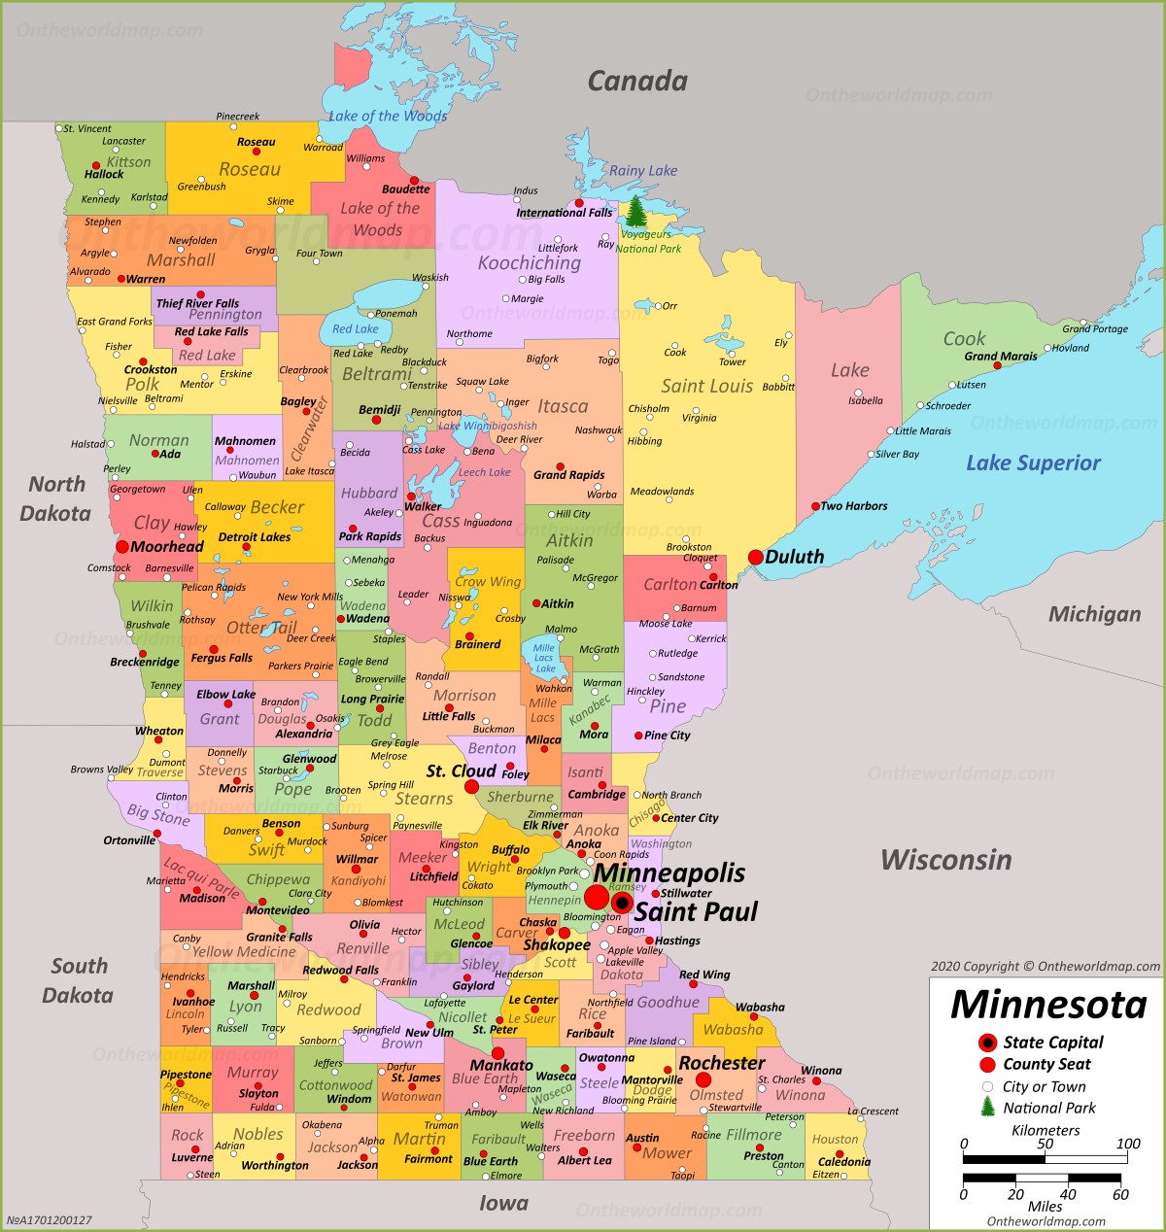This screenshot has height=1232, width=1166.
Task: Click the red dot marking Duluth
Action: (x=755, y=557)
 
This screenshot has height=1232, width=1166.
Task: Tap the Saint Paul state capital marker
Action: (x=622, y=903)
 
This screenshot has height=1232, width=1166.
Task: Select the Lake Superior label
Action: (x=1033, y=463)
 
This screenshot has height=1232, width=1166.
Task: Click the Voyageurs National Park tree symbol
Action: (x=635, y=212)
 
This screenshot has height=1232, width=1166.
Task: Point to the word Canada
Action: (x=637, y=82)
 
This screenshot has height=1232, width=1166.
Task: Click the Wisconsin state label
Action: (x=945, y=860)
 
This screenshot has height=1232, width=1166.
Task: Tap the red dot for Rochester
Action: (x=703, y=1079)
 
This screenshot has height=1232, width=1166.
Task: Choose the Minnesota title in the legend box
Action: (x=1048, y=1005)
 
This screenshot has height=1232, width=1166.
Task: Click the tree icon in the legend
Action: (x=987, y=1107)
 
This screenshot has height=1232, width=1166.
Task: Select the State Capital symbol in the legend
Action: (x=987, y=1043)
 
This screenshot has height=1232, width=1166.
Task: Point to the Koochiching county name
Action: (x=529, y=263)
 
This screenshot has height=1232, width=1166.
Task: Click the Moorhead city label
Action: (x=167, y=547)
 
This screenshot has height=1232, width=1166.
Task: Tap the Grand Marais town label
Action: (x=1000, y=357)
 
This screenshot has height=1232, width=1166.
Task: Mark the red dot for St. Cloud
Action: (x=472, y=786)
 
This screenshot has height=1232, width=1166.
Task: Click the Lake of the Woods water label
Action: (x=387, y=117)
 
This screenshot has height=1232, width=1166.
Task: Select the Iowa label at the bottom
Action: (x=503, y=1204)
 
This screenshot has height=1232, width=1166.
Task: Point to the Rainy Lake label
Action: (x=643, y=171)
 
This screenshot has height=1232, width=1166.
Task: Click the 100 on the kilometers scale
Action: (x=1128, y=1144)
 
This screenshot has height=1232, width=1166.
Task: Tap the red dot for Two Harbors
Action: (x=815, y=506)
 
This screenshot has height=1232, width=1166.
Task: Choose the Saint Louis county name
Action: (x=706, y=387)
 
